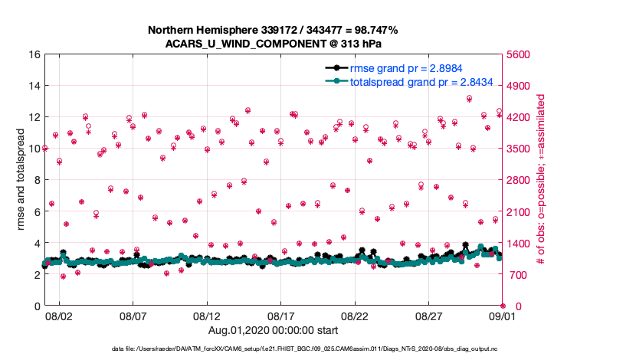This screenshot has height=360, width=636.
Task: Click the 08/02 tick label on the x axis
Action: [59, 316]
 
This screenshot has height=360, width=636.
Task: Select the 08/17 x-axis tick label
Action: [280, 316]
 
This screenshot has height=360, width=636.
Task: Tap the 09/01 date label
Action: [503, 316]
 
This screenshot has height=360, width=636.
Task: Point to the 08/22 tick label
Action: [355, 316]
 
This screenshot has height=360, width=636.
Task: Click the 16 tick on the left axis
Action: [34, 54]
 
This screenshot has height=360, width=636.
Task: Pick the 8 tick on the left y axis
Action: [36, 180]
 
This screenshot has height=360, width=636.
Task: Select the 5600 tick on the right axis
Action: [522, 54]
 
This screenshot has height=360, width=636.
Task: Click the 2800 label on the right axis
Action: [522, 180]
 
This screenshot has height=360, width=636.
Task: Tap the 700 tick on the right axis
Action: [519, 274]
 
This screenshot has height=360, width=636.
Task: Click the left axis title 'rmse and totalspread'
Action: [21, 180]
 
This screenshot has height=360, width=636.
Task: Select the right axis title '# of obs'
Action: [541, 180]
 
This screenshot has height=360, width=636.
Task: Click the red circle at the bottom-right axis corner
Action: [503, 306]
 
